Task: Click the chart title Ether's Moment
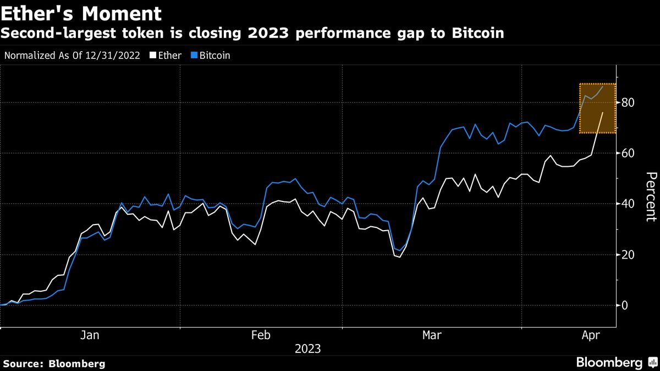point(81,13)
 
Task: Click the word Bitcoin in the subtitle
point(477,33)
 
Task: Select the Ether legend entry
point(170,56)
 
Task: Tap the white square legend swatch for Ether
point(153,56)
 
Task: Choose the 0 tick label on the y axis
point(625,305)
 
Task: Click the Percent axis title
point(650,204)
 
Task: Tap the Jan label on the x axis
point(90,335)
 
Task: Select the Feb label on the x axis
point(261,335)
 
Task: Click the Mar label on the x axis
point(432,335)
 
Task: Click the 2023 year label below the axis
point(307,349)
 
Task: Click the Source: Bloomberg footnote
point(54,364)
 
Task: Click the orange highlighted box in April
point(597,108)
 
